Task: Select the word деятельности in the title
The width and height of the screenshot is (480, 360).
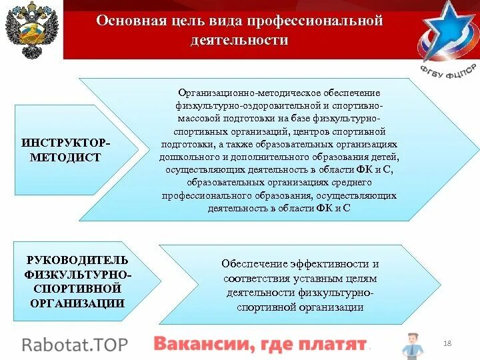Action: pos(239,40)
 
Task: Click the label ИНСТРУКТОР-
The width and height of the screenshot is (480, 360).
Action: pos(67,143)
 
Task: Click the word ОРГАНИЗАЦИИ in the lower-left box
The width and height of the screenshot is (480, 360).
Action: pos(77,303)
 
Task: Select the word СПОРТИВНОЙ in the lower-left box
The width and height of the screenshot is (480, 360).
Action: pos(77,288)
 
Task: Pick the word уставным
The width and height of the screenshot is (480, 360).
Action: pos(313,278)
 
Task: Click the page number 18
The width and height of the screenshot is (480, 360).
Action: pos(447,343)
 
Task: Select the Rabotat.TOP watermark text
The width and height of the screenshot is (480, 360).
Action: pos(75,344)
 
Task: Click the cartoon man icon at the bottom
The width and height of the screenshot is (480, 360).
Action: pos(411,345)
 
